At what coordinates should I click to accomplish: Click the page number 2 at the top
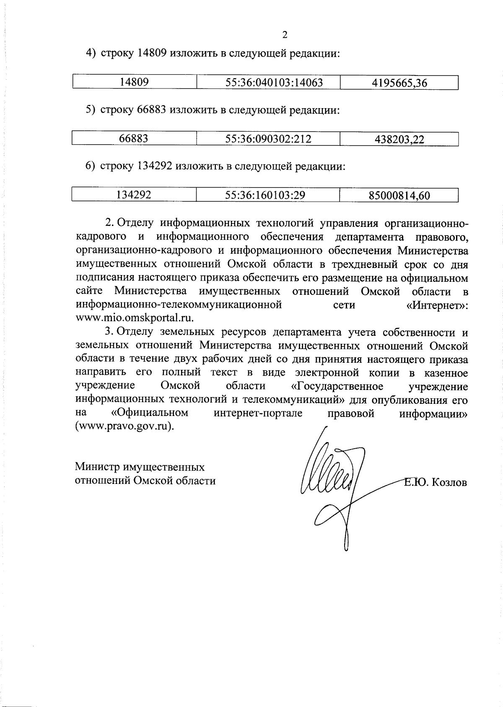[285, 35]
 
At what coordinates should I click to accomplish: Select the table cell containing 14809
[134, 82]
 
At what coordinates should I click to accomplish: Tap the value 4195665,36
[399, 83]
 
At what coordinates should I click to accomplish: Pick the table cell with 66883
[134, 139]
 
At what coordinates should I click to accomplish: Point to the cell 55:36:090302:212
[268, 139]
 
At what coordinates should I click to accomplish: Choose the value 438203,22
[399, 140]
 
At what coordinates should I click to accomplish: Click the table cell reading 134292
[134, 195]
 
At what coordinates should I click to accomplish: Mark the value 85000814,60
[399, 195]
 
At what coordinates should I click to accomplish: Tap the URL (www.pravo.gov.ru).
[124, 426]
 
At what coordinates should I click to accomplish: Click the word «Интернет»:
[437, 305]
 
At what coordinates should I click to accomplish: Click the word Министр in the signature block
[96, 467]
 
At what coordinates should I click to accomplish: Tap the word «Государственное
[337, 386]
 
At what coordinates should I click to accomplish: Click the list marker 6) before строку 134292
[91, 166]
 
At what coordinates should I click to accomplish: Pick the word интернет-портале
[258, 413]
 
